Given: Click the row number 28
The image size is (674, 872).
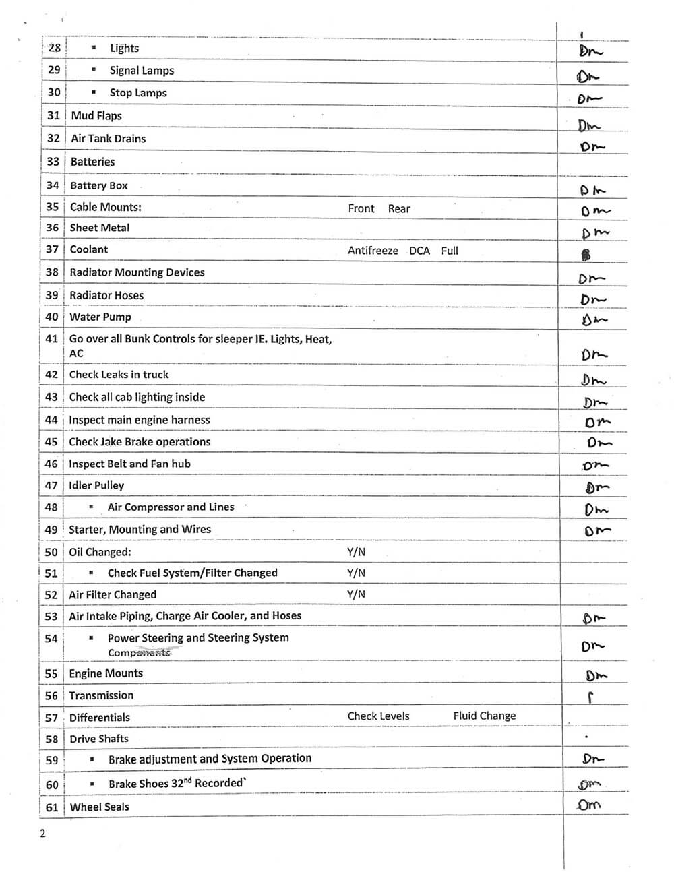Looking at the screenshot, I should [x=55, y=48].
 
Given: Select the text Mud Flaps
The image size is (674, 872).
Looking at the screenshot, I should [x=96, y=116].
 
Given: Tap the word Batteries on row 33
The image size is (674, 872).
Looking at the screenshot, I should [x=92, y=162].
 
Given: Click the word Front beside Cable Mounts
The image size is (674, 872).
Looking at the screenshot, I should [x=361, y=209].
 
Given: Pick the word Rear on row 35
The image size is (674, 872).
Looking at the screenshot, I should [x=399, y=209].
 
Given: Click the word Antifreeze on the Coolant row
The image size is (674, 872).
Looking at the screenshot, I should [x=373, y=251].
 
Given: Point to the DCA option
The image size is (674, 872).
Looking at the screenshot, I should [x=419, y=251].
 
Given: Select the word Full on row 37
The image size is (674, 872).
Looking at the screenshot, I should [x=450, y=251].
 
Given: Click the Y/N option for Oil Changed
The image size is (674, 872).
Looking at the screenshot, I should [x=356, y=552].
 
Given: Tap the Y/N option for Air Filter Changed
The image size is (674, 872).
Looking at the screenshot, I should [x=356, y=594].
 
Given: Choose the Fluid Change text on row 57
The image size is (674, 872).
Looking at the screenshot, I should [x=485, y=716].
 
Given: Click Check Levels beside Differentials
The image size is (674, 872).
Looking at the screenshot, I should [x=378, y=716].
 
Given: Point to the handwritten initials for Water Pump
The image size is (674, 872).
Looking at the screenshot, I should [x=594, y=321].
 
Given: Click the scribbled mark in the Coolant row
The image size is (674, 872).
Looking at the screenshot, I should [x=586, y=255].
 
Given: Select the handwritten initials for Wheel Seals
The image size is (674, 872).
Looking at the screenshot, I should [x=589, y=805].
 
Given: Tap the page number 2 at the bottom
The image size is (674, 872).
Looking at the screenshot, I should [x=43, y=834].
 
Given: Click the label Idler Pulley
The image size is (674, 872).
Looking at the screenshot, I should [x=96, y=485].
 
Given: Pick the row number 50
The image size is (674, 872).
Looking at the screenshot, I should [x=51, y=552].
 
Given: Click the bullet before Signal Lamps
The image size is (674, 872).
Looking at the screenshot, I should [x=94, y=70].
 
